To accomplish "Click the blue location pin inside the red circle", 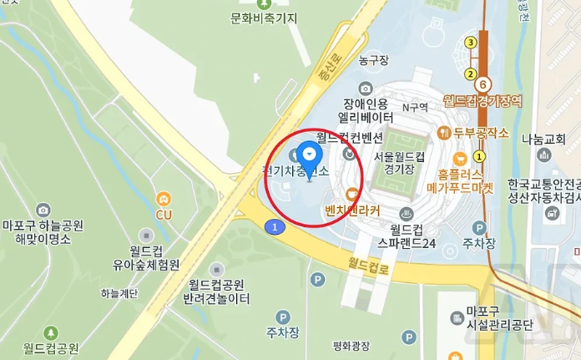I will [311, 157].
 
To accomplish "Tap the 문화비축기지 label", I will [265, 18].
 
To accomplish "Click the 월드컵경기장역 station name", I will [482, 100].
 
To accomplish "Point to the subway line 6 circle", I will [482, 83].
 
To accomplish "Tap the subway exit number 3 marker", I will [471, 43].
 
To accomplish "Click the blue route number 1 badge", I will [272, 226].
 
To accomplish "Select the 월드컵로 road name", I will [371, 267].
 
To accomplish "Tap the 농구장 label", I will [374, 60].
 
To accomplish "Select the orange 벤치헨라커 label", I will [352, 207].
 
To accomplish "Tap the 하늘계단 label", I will [119, 293].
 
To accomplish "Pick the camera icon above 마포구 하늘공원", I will [43, 210].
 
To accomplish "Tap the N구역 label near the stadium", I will [414, 107].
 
